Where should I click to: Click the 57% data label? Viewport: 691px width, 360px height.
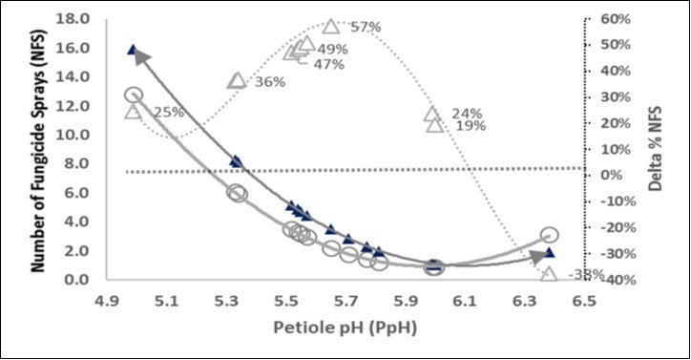(366, 27)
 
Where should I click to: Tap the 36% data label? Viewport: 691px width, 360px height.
(270, 82)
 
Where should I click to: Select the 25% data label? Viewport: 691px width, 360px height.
(169, 113)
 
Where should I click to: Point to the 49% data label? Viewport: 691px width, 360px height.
(332, 50)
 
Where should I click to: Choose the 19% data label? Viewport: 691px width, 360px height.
(471, 125)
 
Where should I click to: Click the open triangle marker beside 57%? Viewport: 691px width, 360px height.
(331, 27)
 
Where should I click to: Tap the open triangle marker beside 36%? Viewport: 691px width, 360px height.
(237, 80)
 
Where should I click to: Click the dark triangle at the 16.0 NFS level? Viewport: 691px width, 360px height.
(133, 50)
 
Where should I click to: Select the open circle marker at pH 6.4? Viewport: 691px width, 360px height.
(549, 235)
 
